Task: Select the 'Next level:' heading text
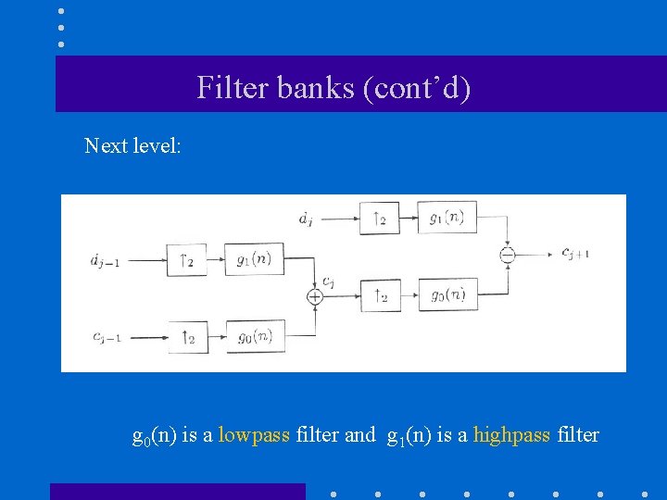pyautogui.click(x=132, y=145)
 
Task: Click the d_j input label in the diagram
pyautogui.click(x=306, y=219)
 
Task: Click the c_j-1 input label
pyautogui.click(x=107, y=337)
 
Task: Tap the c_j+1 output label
pyautogui.click(x=575, y=252)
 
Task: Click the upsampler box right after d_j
pyautogui.click(x=378, y=219)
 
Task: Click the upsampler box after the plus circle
pyautogui.click(x=378, y=295)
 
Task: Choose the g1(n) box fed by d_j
pyautogui.click(x=448, y=219)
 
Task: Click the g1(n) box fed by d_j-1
pyautogui.click(x=254, y=259)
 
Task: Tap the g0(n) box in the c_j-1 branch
pyautogui.click(x=254, y=336)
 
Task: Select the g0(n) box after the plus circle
pyautogui.click(x=448, y=295)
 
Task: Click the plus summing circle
pyautogui.click(x=315, y=296)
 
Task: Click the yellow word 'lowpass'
pyautogui.click(x=254, y=434)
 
